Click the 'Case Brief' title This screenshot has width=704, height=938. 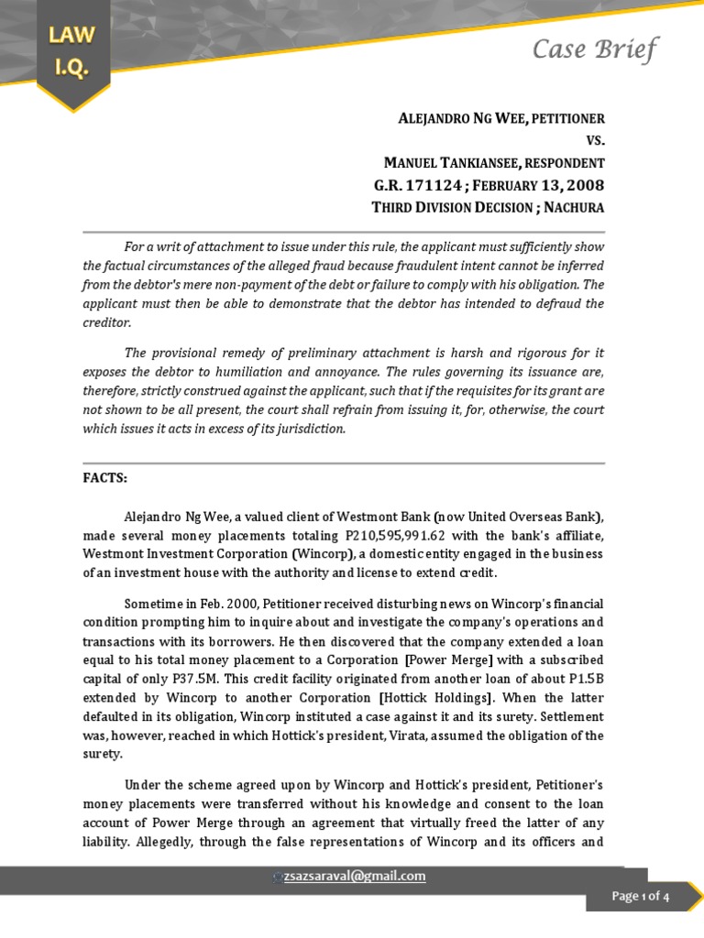tap(595, 49)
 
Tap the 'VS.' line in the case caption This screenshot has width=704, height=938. tap(595, 141)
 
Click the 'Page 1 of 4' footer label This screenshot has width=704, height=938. tap(641, 897)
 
